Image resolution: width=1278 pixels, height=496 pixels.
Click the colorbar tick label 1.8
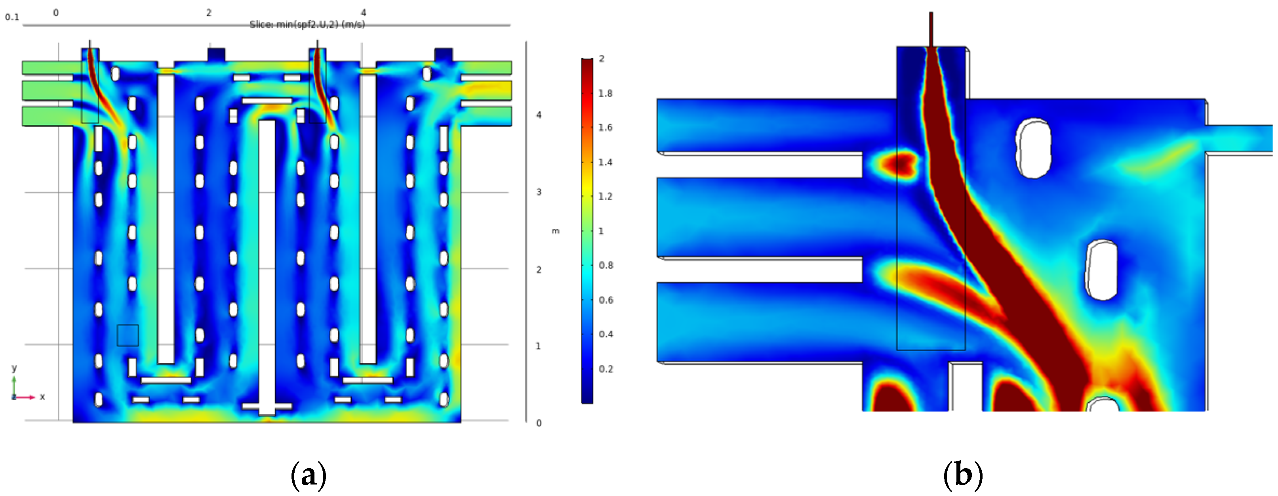[x=605, y=93]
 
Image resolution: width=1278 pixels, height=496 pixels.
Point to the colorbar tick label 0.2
[x=605, y=369]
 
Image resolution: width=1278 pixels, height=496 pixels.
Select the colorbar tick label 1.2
[x=605, y=197]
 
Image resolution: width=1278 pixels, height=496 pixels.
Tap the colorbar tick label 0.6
[x=605, y=300]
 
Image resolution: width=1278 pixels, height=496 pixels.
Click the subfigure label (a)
[x=308, y=475]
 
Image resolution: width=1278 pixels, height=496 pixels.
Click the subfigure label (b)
[x=962, y=475]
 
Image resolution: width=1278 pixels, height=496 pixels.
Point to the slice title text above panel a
[x=307, y=24]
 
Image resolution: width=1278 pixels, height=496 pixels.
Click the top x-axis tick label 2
[x=209, y=12]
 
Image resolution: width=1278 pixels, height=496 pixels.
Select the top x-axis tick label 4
[x=363, y=12]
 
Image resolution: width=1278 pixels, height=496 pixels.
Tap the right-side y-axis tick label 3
[x=539, y=192]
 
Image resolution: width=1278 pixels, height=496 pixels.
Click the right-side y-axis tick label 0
[x=539, y=423]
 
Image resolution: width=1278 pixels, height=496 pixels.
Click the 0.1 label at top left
[x=12, y=17]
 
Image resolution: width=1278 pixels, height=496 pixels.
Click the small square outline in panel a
[x=128, y=336]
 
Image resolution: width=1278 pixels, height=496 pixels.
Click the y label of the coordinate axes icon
[x=14, y=368]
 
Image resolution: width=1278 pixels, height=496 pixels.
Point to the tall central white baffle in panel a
[x=267, y=263]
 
